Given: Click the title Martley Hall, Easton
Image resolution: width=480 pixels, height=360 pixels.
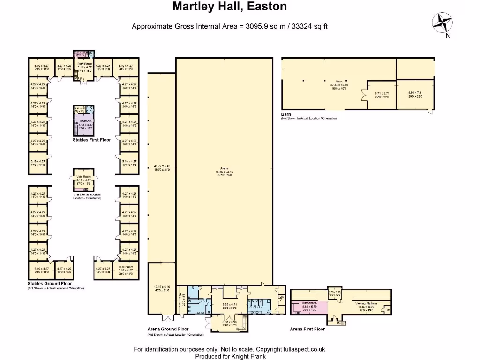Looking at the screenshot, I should point(230,7).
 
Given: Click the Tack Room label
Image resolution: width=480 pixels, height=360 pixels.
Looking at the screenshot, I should point(126,267).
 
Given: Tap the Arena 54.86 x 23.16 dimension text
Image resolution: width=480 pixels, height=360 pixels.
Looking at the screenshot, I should point(224,172).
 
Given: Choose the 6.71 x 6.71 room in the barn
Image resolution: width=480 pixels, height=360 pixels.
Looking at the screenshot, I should point(382,94).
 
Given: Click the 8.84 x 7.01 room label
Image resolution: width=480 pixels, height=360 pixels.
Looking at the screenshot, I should point(415,94).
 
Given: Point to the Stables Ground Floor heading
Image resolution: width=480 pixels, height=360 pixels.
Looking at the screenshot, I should point(50,284).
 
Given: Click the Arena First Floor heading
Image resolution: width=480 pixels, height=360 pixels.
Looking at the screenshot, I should point(307,329).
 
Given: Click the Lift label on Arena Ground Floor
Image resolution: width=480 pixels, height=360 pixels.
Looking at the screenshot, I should point(281,297).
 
